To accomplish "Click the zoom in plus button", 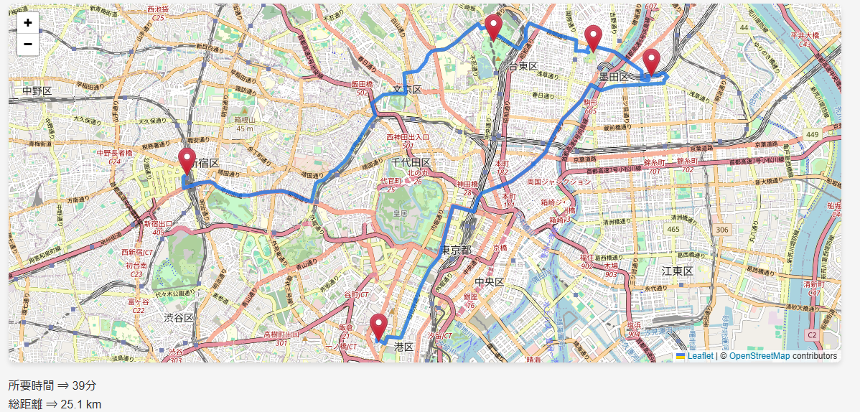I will pyautogui.click(x=27, y=22).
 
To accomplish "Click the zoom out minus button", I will pyautogui.click(x=27, y=45).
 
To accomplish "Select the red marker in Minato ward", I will pyautogui.click(x=378, y=327).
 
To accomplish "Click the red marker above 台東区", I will pyautogui.click(x=493, y=27).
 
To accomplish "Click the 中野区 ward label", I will pyautogui.click(x=37, y=91).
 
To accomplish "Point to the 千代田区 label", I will pyautogui.click(x=411, y=162).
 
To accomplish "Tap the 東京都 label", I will pyautogui.click(x=456, y=251).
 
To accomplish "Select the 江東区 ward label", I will pyautogui.click(x=677, y=271).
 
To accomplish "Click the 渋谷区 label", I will pyautogui.click(x=178, y=317).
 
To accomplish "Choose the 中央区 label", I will pyautogui.click(x=490, y=281).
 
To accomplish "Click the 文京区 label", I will pyautogui.click(x=406, y=90).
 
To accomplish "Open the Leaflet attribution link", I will pyautogui.click(x=700, y=356).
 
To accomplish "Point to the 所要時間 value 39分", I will pyautogui.click(x=84, y=385).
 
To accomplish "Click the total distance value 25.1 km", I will pyautogui.click(x=80, y=404).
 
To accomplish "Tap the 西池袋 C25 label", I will pyautogui.click(x=157, y=13).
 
